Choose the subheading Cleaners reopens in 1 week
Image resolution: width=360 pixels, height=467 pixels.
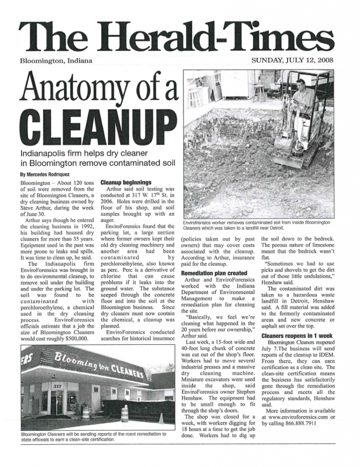297,336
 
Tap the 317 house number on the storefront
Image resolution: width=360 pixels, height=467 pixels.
57,386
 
